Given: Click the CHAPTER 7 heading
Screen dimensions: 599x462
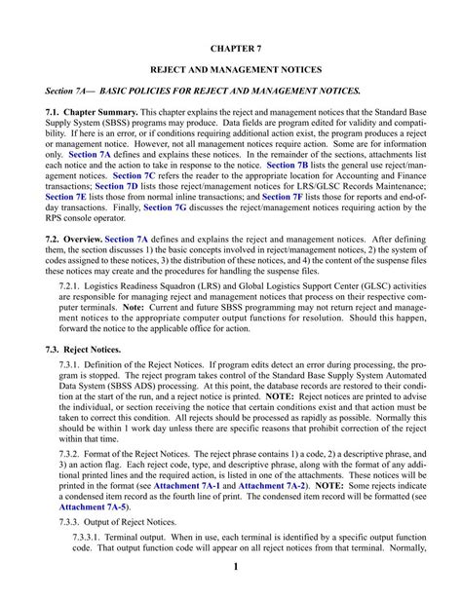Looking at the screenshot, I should (231, 46).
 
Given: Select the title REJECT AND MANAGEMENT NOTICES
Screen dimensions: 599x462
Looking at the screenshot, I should (231, 71).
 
